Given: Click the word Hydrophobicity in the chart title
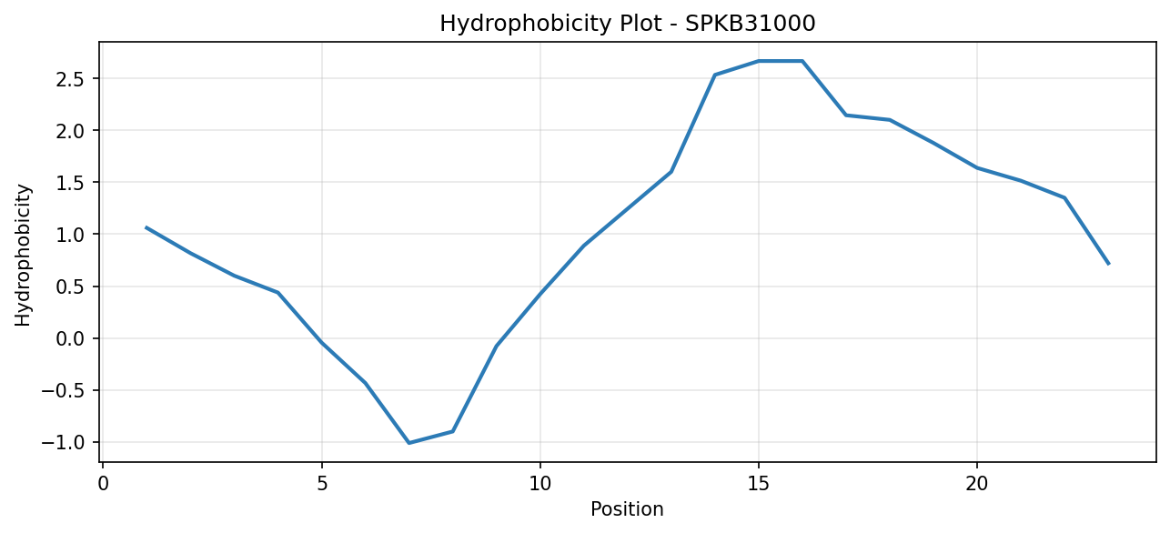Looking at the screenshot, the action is pyautogui.click(x=525, y=24).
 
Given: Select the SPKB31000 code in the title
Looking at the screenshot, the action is pyautogui.click(x=750, y=24).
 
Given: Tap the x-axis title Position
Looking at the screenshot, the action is pyautogui.click(x=627, y=509).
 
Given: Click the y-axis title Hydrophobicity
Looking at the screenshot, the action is pyautogui.click(x=23, y=256).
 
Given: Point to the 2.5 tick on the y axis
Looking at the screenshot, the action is pyautogui.click(x=71, y=78).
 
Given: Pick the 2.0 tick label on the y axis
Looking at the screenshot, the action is pyautogui.click(x=71, y=130).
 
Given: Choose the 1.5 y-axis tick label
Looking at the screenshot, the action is pyautogui.click(x=71, y=182).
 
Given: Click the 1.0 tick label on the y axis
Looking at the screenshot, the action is pyautogui.click(x=71, y=235).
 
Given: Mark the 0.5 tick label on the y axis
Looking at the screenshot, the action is pyautogui.click(x=71, y=287).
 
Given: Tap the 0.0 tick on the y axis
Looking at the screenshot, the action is pyautogui.click(x=71, y=338).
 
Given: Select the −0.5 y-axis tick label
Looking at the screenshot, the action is pyautogui.click(x=63, y=390).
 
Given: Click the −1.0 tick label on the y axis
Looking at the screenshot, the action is pyautogui.click(x=63, y=443).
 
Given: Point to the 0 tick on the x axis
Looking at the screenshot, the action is pyautogui.click(x=104, y=484).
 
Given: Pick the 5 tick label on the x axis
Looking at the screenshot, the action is pyautogui.click(x=322, y=484).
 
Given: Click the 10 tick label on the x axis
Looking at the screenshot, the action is pyautogui.click(x=540, y=484).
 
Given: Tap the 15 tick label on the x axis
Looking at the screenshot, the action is pyautogui.click(x=759, y=484).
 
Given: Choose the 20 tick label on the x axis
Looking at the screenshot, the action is pyautogui.click(x=977, y=484).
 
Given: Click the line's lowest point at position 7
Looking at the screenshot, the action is pyautogui.click(x=409, y=443).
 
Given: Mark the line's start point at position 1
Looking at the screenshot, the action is pyautogui.click(x=146, y=227).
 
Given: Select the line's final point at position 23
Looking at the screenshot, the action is pyautogui.click(x=1108, y=264).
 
